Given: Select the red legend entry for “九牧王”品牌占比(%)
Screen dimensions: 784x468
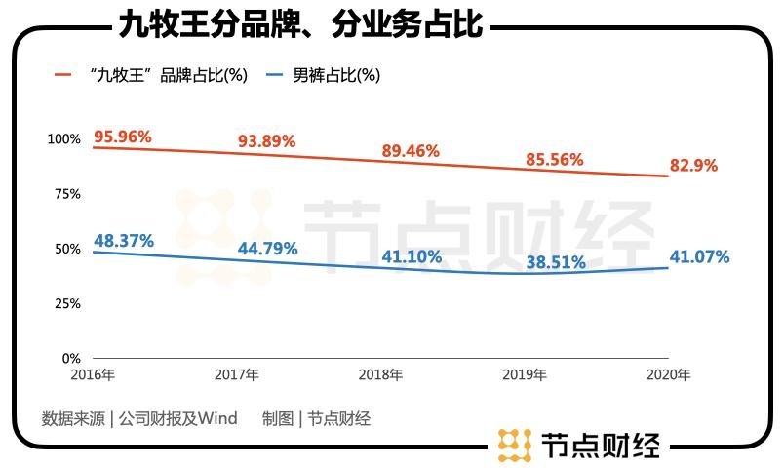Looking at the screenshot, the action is [151, 75].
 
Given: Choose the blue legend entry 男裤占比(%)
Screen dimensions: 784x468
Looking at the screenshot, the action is [323, 75].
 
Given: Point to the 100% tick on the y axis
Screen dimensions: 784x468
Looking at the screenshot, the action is [64, 139].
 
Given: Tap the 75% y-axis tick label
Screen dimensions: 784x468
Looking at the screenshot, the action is [67, 194].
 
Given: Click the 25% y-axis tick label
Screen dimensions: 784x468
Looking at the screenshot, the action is [67, 303].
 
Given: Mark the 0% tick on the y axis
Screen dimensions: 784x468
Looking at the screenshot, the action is [71, 359].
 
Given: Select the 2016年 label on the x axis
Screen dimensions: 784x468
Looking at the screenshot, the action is [93, 374].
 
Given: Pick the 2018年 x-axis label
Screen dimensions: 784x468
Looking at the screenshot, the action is [380, 374].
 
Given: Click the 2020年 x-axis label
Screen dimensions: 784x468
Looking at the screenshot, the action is [669, 374].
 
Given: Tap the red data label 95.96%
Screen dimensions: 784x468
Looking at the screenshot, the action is [123, 136].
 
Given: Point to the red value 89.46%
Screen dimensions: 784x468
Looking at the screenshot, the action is [411, 150].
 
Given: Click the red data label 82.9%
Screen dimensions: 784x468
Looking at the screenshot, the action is [693, 165].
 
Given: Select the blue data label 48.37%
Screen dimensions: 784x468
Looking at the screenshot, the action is [124, 241].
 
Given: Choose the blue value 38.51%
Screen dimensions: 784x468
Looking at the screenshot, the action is [556, 262].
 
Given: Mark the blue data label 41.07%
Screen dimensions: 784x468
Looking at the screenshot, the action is [699, 256].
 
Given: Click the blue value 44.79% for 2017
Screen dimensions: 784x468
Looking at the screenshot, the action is [267, 249].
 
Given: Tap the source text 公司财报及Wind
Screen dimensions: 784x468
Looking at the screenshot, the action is [178, 418].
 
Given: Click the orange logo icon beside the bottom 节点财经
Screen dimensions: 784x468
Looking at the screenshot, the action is [515, 445].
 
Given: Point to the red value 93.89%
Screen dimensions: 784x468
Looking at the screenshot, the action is [266, 141].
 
